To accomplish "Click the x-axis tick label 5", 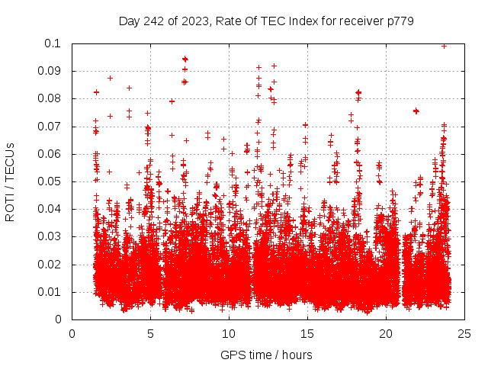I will pyautogui.click(x=150, y=334).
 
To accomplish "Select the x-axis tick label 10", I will pyautogui.click(x=229, y=334).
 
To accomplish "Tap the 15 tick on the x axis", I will pyautogui.click(x=307, y=334).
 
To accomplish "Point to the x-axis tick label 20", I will pyautogui.click(x=386, y=334).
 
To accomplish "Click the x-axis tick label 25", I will pyautogui.click(x=464, y=334).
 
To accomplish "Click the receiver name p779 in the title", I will pyautogui.click(x=399, y=21).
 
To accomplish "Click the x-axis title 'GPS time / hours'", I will pyautogui.click(x=267, y=355).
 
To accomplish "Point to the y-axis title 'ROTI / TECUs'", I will pyautogui.click(x=11, y=181).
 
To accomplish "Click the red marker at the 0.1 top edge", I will pyautogui.click(x=445, y=45).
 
